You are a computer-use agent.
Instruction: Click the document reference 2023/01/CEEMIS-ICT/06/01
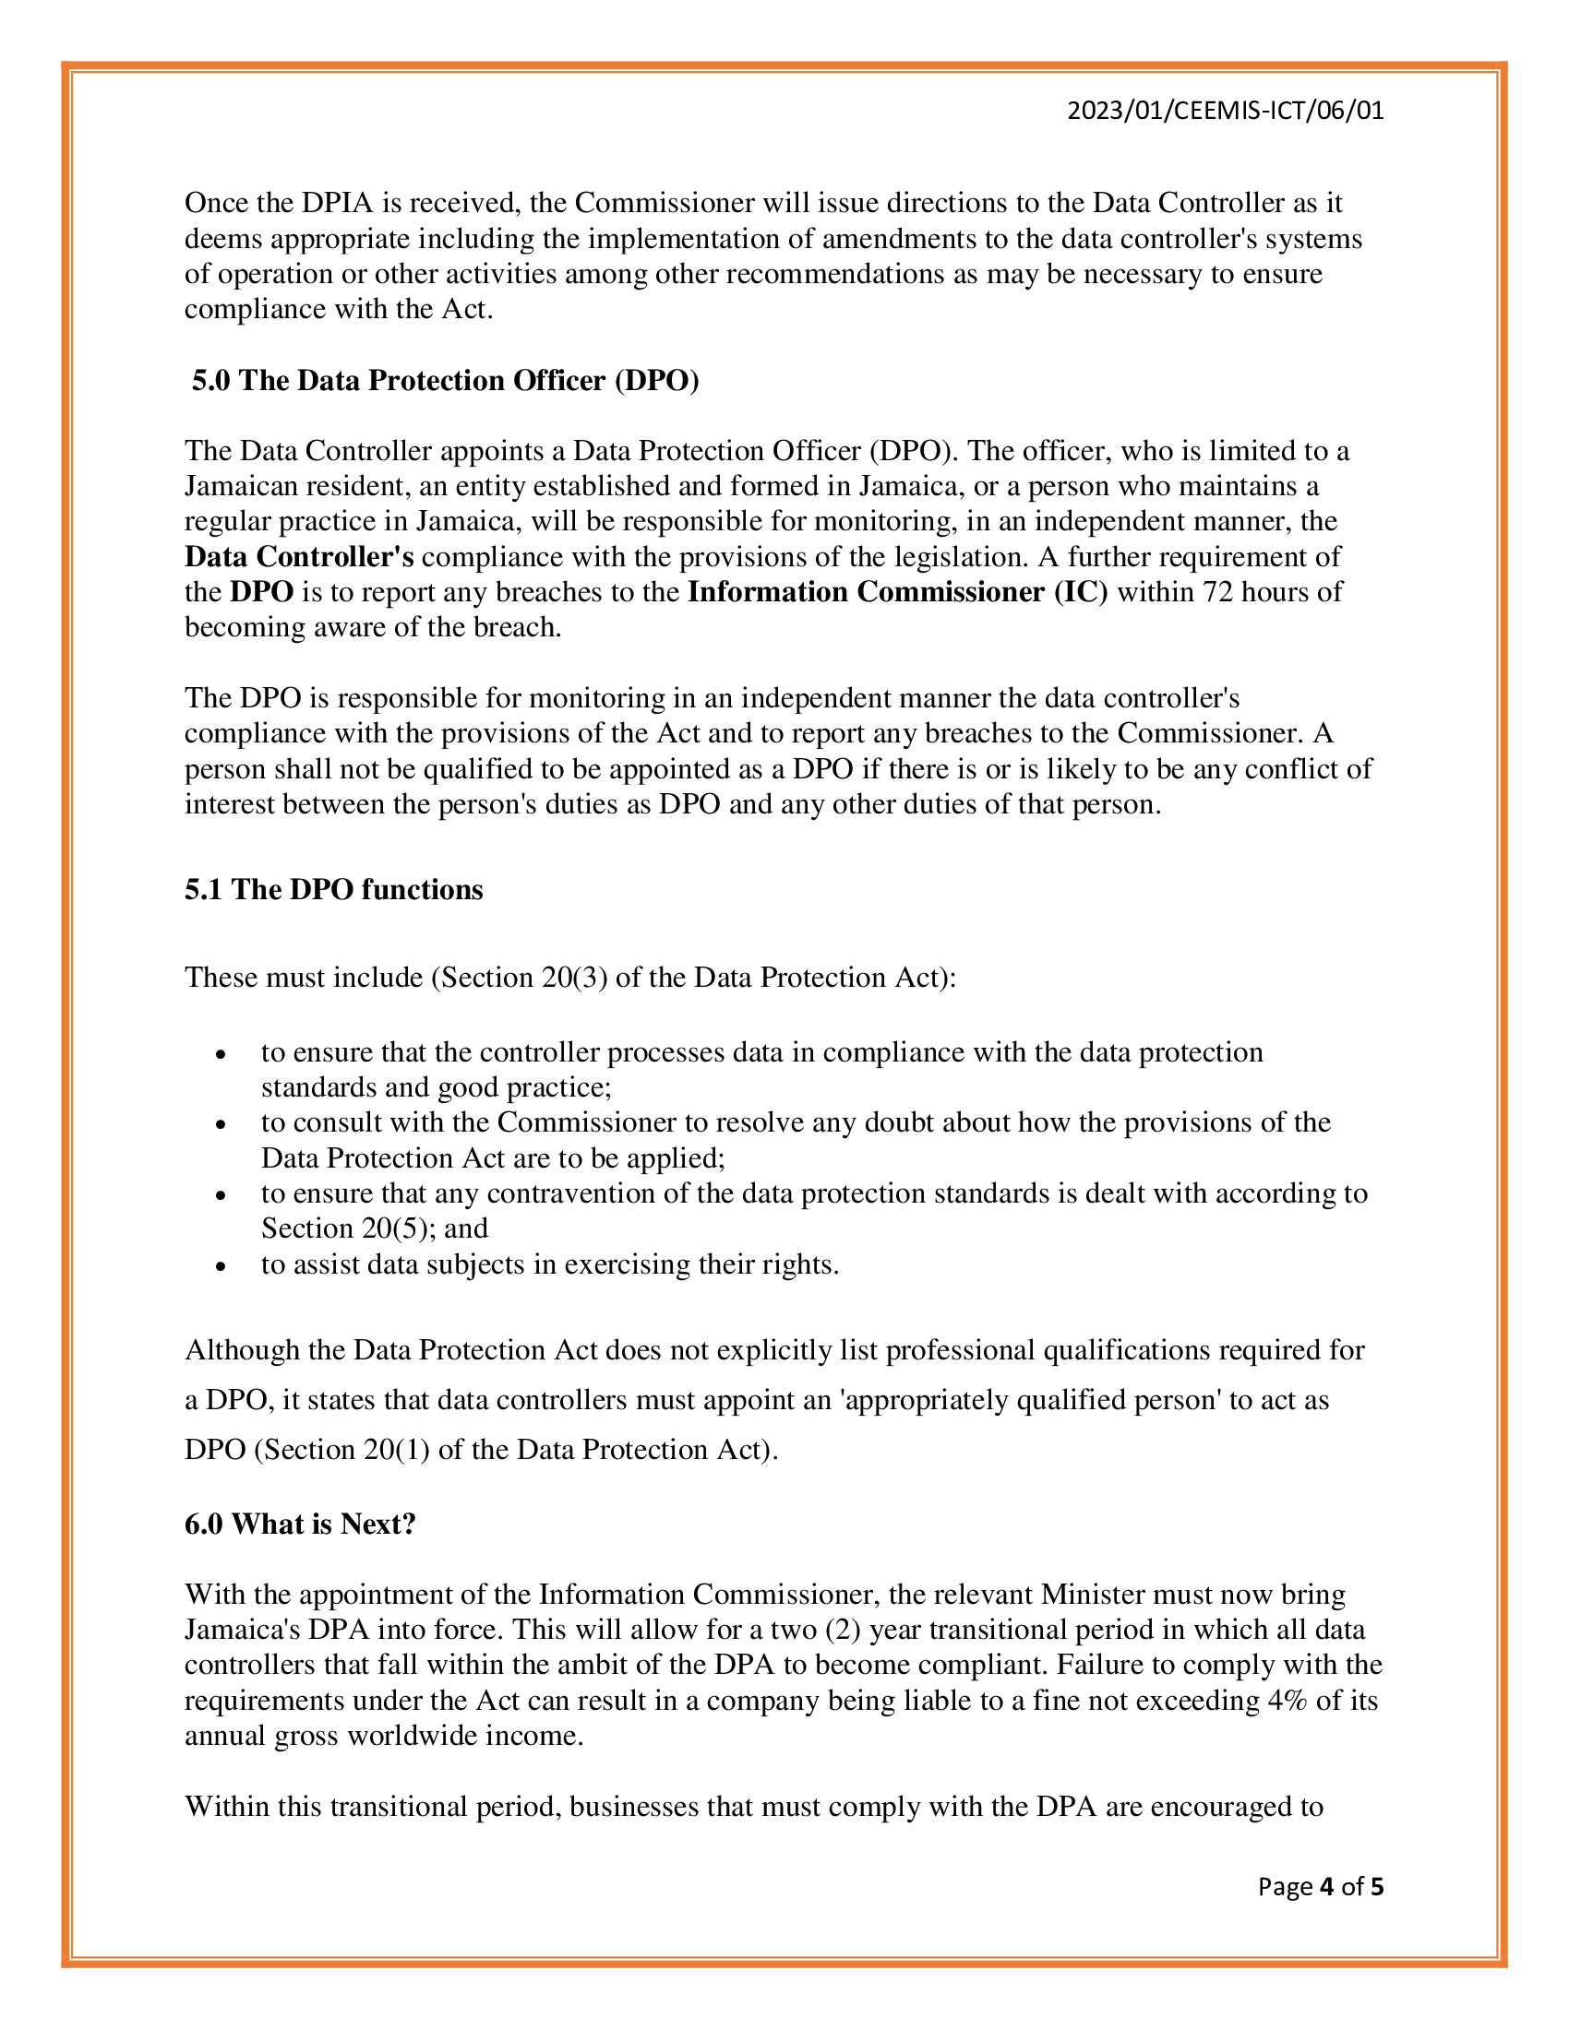(1225, 112)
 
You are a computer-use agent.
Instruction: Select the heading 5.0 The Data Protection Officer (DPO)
(445, 381)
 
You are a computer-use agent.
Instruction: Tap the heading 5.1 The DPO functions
(334, 889)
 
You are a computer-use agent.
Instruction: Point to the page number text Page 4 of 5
(1320, 1886)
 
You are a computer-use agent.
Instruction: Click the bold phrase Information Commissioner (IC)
(897, 592)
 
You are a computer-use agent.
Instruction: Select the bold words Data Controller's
(298, 556)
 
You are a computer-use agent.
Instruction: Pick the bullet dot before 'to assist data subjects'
(221, 1265)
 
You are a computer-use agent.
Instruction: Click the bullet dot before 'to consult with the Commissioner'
(221, 1124)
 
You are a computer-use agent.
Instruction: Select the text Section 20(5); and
(374, 1228)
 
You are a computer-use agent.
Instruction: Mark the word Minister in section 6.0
(1092, 1595)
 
